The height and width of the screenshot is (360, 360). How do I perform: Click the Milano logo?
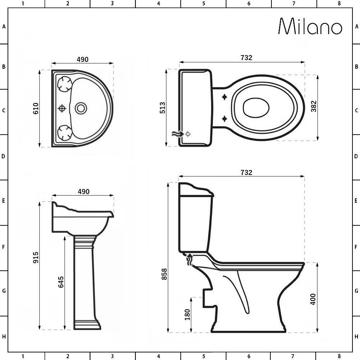point(310,26)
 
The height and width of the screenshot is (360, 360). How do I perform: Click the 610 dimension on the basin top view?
point(36,108)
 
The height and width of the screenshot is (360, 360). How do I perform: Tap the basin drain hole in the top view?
point(81,108)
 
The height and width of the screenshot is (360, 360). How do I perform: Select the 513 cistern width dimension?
point(162,108)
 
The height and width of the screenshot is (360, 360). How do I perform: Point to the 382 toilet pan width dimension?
point(314,106)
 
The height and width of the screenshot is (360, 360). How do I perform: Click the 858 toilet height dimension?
point(165,274)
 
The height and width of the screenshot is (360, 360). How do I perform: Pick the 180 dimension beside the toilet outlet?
point(187,315)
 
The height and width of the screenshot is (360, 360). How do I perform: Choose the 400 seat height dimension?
point(313,299)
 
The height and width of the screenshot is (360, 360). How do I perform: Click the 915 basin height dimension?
point(36,257)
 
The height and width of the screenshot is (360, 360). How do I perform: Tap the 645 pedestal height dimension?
point(61,282)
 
